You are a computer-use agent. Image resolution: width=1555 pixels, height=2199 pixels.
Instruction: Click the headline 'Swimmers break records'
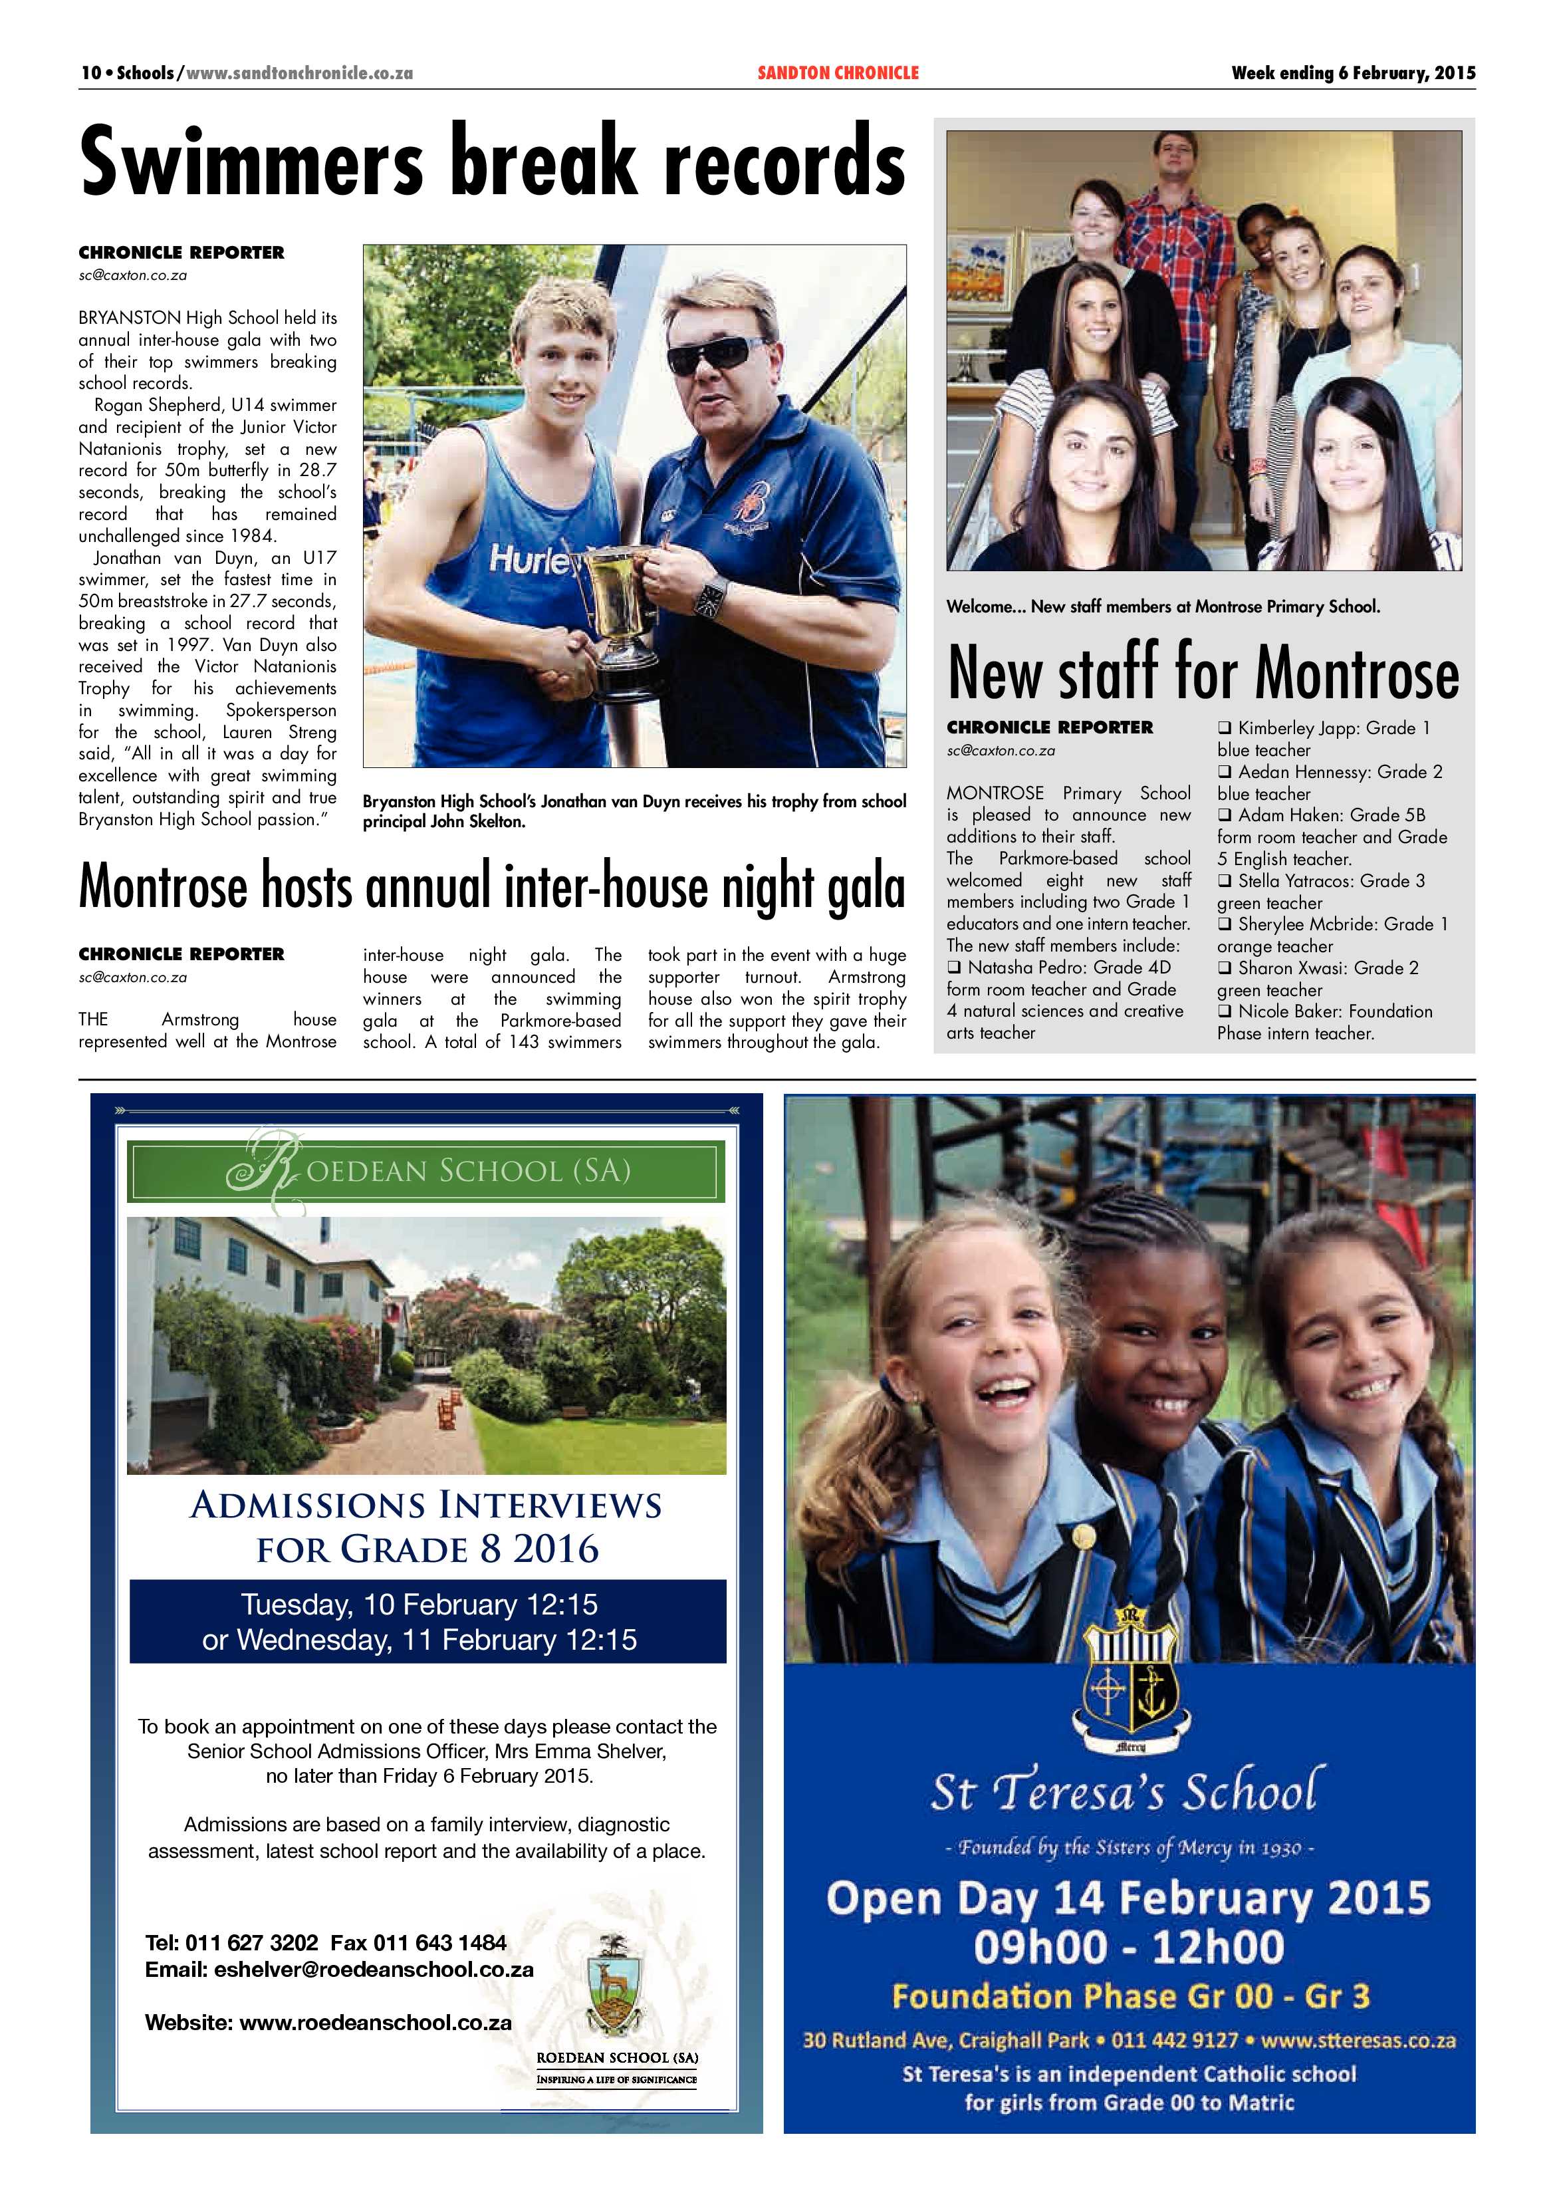click(492, 161)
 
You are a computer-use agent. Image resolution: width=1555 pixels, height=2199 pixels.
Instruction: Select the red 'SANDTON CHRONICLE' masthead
click(838, 72)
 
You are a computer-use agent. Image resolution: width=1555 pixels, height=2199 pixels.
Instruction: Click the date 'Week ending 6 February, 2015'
click(1353, 72)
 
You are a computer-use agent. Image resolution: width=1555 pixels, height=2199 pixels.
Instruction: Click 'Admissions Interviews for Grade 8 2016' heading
click(426, 1527)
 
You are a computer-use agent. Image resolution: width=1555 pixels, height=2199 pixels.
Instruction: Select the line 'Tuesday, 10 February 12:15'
click(419, 1605)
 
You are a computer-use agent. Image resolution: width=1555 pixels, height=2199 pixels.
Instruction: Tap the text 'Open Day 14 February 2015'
click(1129, 1897)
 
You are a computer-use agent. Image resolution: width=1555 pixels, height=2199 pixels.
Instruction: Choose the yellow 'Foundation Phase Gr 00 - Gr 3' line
click(1130, 1996)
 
